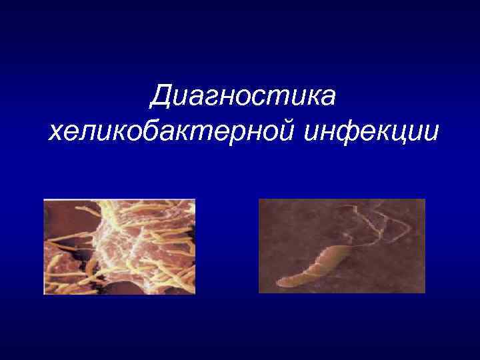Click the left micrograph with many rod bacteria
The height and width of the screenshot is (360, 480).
tap(119, 247)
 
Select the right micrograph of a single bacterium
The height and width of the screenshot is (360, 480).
tap(341, 246)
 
